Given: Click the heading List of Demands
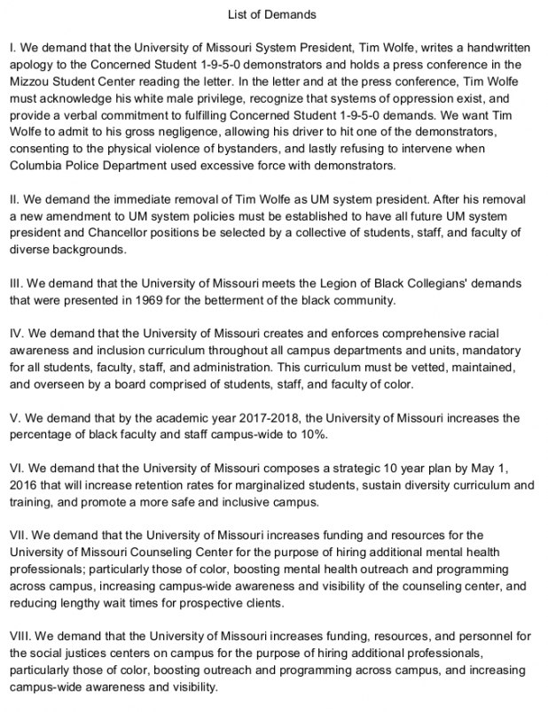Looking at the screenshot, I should click(273, 14).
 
